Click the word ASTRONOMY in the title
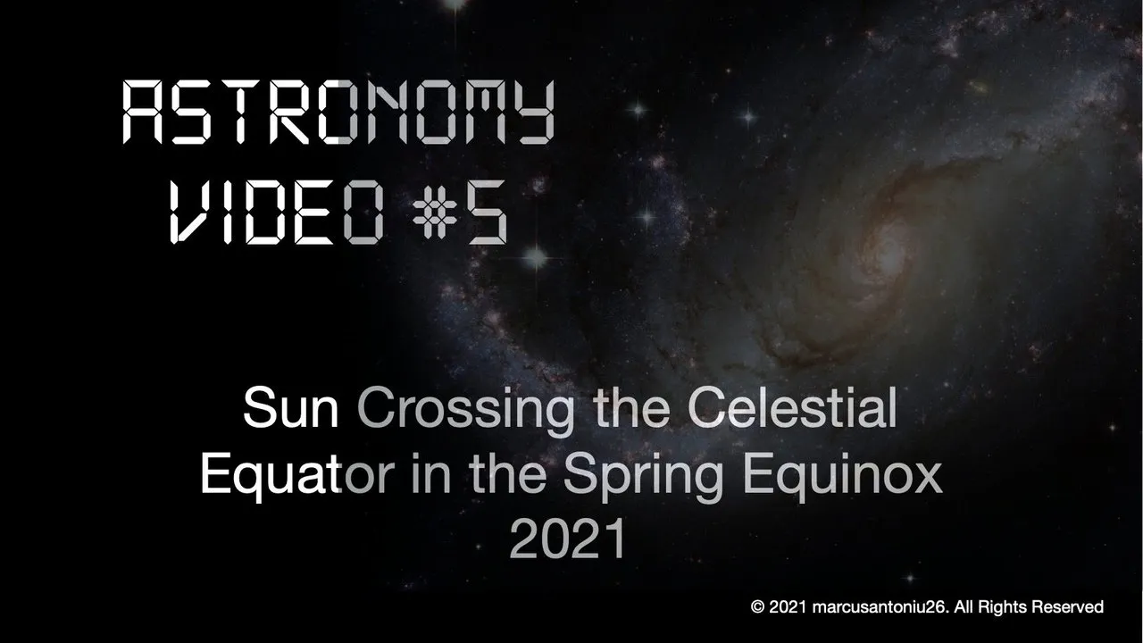click(338, 112)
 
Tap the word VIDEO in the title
click(277, 212)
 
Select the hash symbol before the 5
click(435, 212)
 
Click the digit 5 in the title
click(488, 212)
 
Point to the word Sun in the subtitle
click(291, 409)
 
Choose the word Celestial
click(792, 408)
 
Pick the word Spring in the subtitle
click(643, 476)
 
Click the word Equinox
click(842, 476)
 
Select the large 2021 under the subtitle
click(567, 539)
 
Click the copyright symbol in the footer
click(757, 607)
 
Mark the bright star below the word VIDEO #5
click(536, 256)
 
